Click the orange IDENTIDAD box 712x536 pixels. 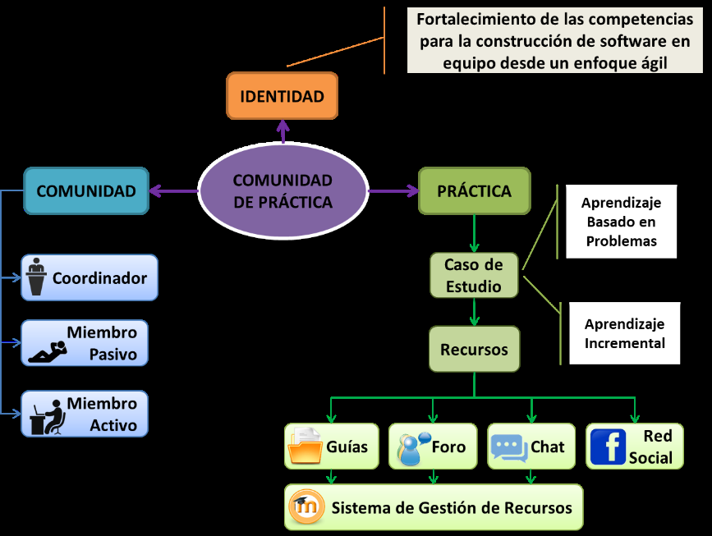click(282, 96)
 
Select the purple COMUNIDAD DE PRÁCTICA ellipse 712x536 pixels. click(283, 191)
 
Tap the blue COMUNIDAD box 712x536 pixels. click(86, 191)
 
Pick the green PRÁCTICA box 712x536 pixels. click(474, 191)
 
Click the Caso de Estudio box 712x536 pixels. click(473, 275)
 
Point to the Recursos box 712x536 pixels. click(474, 349)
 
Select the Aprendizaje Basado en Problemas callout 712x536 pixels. click(621, 222)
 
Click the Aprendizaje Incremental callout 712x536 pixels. click(624, 333)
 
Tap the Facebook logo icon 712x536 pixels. click(608, 447)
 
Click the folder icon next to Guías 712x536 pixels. click(305, 447)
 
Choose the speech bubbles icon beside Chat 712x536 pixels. click(508, 447)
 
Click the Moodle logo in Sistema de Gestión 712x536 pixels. click(305, 507)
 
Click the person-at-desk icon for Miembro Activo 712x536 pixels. click(47, 415)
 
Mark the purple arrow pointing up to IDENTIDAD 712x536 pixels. click(283, 131)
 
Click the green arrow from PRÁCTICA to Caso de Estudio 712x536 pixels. click(474, 234)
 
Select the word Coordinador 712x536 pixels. click(99, 278)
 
